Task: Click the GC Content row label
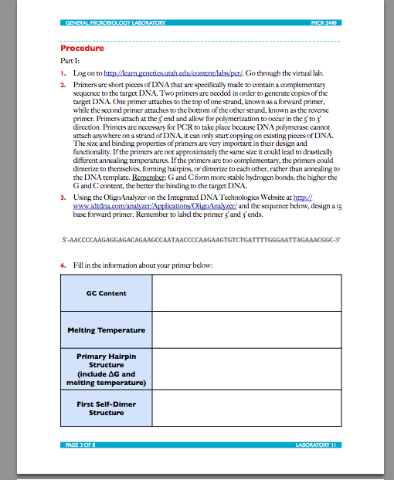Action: click(x=106, y=293)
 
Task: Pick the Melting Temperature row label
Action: click(x=106, y=330)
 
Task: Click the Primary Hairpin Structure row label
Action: click(x=106, y=369)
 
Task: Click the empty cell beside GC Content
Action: click(x=246, y=293)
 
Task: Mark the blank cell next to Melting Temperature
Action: click(x=246, y=330)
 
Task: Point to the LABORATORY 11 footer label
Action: click(x=317, y=445)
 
